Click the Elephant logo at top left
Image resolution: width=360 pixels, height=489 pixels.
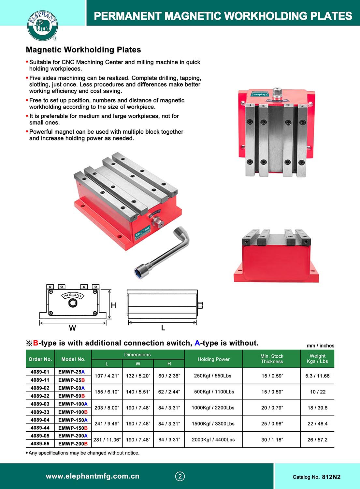(x=43, y=25)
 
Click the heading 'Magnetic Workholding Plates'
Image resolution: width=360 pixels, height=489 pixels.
(x=83, y=50)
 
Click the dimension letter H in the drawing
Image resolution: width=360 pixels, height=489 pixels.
(x=113, y=305)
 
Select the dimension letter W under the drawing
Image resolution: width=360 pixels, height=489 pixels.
(x=72, y=328)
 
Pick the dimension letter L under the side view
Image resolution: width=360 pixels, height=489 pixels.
(x=163, y=328)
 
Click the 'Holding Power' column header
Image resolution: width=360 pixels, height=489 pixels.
(x=213, y=359)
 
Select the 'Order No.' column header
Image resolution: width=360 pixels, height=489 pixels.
(x=40, y=359)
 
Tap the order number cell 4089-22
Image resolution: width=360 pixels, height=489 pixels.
(x=40, y=396)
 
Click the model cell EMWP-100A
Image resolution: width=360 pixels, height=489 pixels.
(x=73, y=404)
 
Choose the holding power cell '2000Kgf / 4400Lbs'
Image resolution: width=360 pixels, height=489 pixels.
(x=213, y=439)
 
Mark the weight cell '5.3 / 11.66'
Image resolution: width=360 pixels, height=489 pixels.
(x=317, y=376)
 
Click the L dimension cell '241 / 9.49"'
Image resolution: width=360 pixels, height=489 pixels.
(x=107, y=423)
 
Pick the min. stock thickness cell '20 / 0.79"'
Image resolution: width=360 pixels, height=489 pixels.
(x=272, y=408)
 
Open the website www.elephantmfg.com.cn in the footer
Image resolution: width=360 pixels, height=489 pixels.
(x=93, y=476)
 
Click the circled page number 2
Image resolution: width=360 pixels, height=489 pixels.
(x=180, y=476)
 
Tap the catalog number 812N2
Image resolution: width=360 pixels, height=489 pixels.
(x=331, y=477)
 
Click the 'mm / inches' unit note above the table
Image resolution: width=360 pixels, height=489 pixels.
(x=320, y=346)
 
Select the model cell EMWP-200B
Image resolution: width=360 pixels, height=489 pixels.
(x=73, y=444)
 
